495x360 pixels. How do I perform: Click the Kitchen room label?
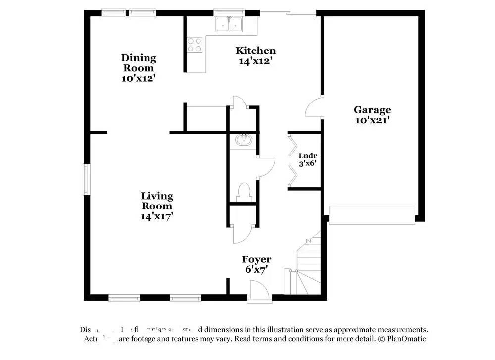pos(255,51)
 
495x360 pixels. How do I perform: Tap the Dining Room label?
pos(139,63)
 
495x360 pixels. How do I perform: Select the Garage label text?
pos(372,110)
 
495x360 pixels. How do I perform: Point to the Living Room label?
pos(156,201)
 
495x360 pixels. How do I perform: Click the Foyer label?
pos(256,259)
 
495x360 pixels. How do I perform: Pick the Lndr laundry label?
pos(307,155)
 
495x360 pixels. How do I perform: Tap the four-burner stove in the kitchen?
pos(195,45)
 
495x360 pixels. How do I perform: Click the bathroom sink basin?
pos(244,140)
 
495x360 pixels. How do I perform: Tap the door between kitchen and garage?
pos(313,107)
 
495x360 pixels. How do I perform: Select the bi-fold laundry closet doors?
pos(293,160)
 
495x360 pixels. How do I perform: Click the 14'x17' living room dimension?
pos(156,216)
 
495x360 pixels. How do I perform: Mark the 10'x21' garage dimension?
pos(372,120)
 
